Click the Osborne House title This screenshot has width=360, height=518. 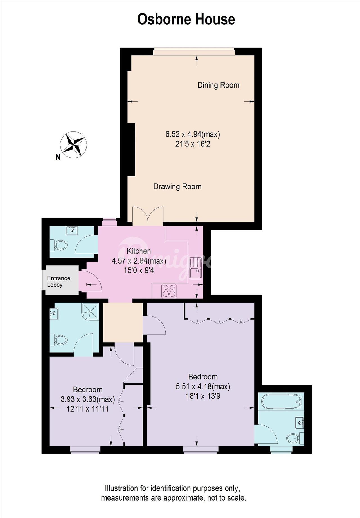pyautogui.click(x=186, y=19)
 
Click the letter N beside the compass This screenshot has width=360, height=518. pyautogui.click(x=58, y=157)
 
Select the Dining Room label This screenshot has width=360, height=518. pyautogui.click(x=218, y=85)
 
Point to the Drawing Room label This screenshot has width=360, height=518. pyautogui.click(x=177, y=186)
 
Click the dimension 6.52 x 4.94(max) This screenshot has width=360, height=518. pyautogui.click(x=193, y=134)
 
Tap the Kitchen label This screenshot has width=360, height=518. pyautogui.click(x=139, y=251)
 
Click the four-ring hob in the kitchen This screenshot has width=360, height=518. pyautogui.click(x=169, y=291)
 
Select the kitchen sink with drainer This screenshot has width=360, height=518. pyautogui.click(x=195, y=268)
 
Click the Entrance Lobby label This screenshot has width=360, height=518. pyautogui.click(x=58, y=281)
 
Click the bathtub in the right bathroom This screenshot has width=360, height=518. pyautogui.click(x=281, y=401)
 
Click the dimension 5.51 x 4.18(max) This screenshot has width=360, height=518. pyautogui.click(x=203, y=387)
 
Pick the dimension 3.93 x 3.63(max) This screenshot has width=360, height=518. pyautogui.click(x=88, y=399)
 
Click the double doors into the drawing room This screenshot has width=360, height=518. pyautogui.click(x=148, y=216)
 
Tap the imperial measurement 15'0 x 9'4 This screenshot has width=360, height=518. pyautogui.click(x=139, y=271)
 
